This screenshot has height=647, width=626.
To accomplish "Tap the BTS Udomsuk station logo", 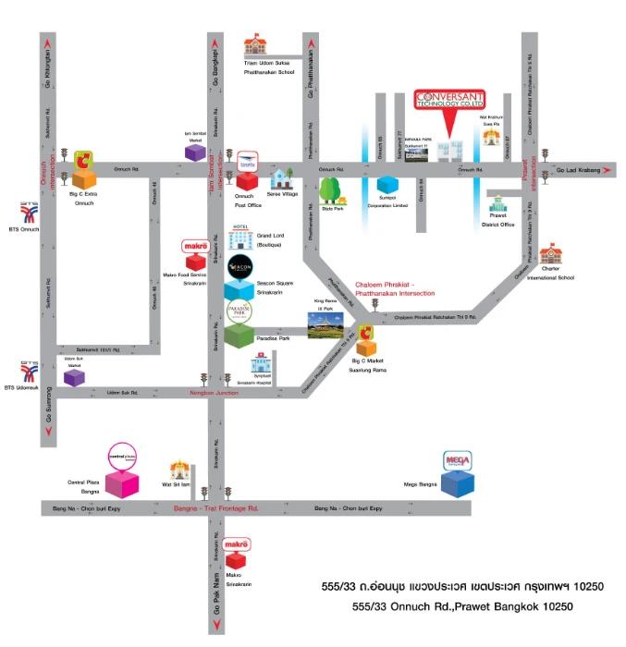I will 29,372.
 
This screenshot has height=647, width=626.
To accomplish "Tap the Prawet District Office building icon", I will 498,206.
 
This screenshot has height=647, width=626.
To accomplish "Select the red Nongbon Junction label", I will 215,393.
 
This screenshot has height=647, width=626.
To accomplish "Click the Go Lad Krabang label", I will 578,171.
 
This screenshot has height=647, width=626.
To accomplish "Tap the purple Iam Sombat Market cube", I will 194,152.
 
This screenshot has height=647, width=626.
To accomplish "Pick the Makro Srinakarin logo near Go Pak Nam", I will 238,546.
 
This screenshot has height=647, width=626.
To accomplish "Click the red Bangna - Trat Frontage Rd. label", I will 215,508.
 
